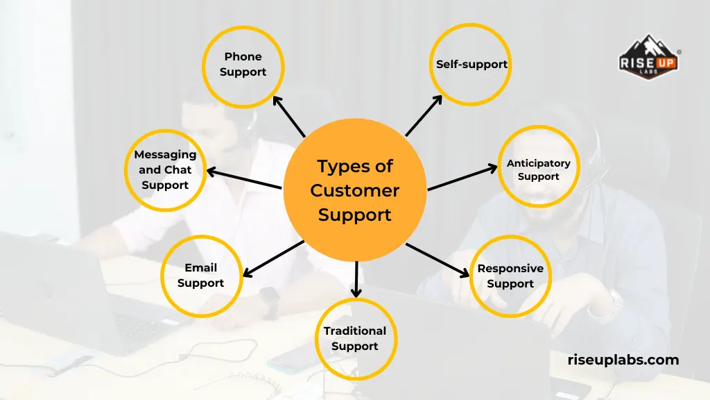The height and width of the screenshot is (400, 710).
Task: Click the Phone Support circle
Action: tap(243, 65)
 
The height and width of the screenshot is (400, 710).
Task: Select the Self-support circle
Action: tap(471, 65)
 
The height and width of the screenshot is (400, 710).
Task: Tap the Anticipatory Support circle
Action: tap(538, 170)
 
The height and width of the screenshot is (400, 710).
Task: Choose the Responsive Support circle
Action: tap(510, 276)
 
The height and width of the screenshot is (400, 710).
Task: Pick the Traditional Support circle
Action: tap(355, 339)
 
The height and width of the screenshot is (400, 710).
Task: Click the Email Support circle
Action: tap(201, 276)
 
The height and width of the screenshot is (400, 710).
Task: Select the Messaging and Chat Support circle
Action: tap(165, 170)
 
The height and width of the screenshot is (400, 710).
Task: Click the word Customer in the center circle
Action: tap(355, 190)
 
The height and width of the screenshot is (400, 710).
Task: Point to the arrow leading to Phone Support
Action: tap(288, 116)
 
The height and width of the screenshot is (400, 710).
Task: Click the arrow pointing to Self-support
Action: tap(424, 116)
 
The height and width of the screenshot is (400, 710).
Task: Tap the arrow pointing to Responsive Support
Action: tap(438, 260)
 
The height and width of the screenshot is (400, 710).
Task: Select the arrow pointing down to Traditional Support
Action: tap(356, 278)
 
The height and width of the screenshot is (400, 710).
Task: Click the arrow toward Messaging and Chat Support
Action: tap(244, 178)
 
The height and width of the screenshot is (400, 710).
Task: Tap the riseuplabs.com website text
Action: tap(623, 360)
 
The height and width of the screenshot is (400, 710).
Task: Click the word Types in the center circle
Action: tap(336, 167)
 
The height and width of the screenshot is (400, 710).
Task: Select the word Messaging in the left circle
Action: tap(165, 155)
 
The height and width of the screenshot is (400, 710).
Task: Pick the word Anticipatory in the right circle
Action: tap(538, 163)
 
